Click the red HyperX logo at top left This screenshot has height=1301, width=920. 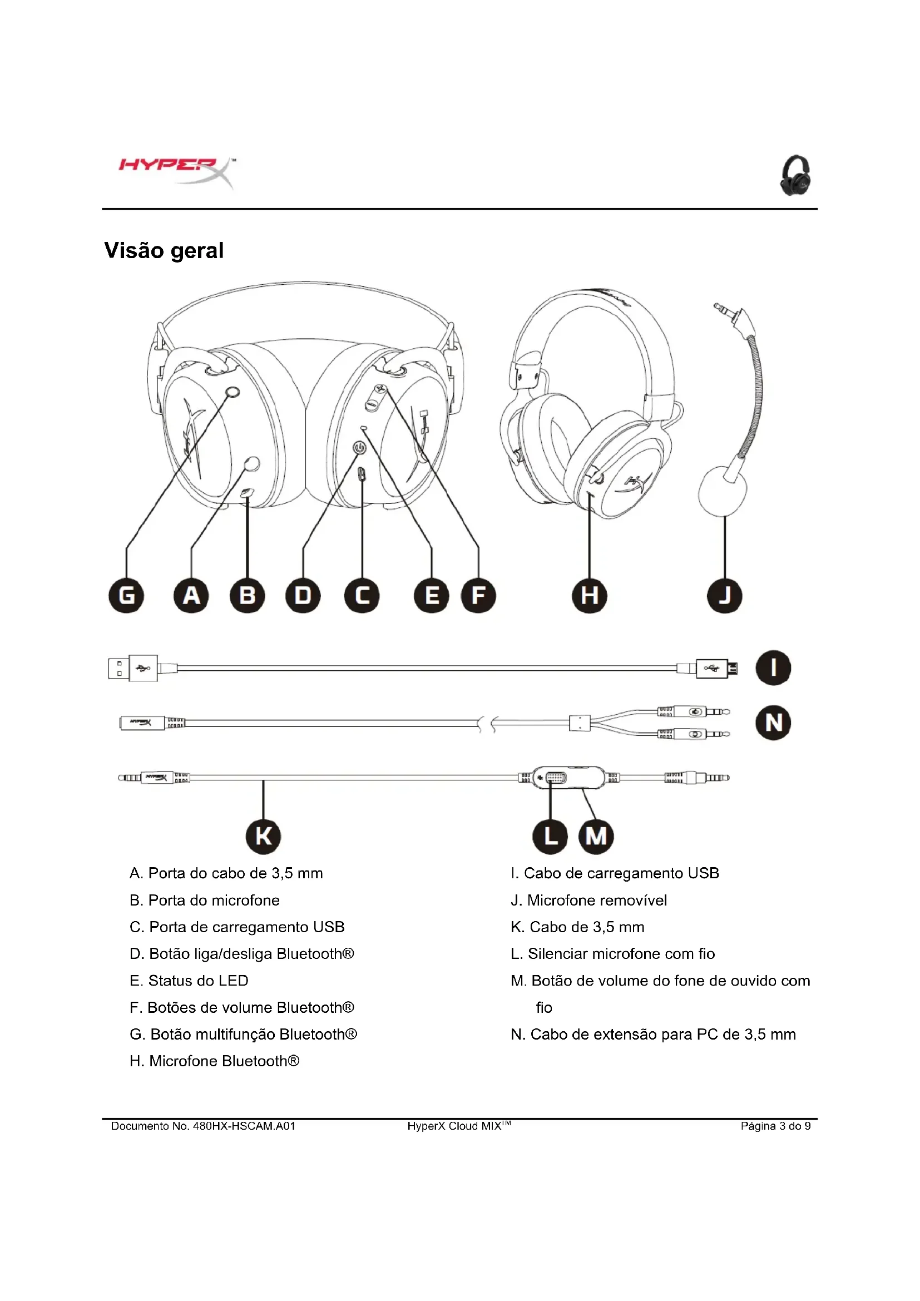pyautogui.click(x=176, y=171)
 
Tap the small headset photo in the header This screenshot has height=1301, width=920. pyautogui.click(x=796, y=175)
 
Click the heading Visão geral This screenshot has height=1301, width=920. pyautogui.click(x=164, y=250)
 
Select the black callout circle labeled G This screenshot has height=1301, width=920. pyautogui.click(x=126, y=596)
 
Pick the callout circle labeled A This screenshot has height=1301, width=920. pyautogui.click(x=191, y=596)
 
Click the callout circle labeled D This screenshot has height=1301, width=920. pyautogui.click(x=303, y=596)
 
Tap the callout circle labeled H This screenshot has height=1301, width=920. pyautogui.click(x=590, y=596)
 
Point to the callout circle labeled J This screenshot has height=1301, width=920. pyautogui.click(x=725, y=596)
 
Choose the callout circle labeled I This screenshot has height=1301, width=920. pyautogui.click(x=773, y=667)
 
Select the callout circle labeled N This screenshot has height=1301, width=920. pyautogui.click(x=773, y=723)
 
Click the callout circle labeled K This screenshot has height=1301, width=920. pyautogui.click(x=264, y=836)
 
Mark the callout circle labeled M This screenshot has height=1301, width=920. pyautogui.click(x=596, y=836)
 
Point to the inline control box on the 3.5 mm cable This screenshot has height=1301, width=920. pyautogui.click(x=570, y=778)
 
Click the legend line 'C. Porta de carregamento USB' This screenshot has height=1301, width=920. pyautogui.click(x=237, y=927)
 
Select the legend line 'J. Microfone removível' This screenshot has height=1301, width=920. pyautogui.click(x=588, y=901)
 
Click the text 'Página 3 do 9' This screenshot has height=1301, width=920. pyautogui.click(x=775, y=1126)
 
